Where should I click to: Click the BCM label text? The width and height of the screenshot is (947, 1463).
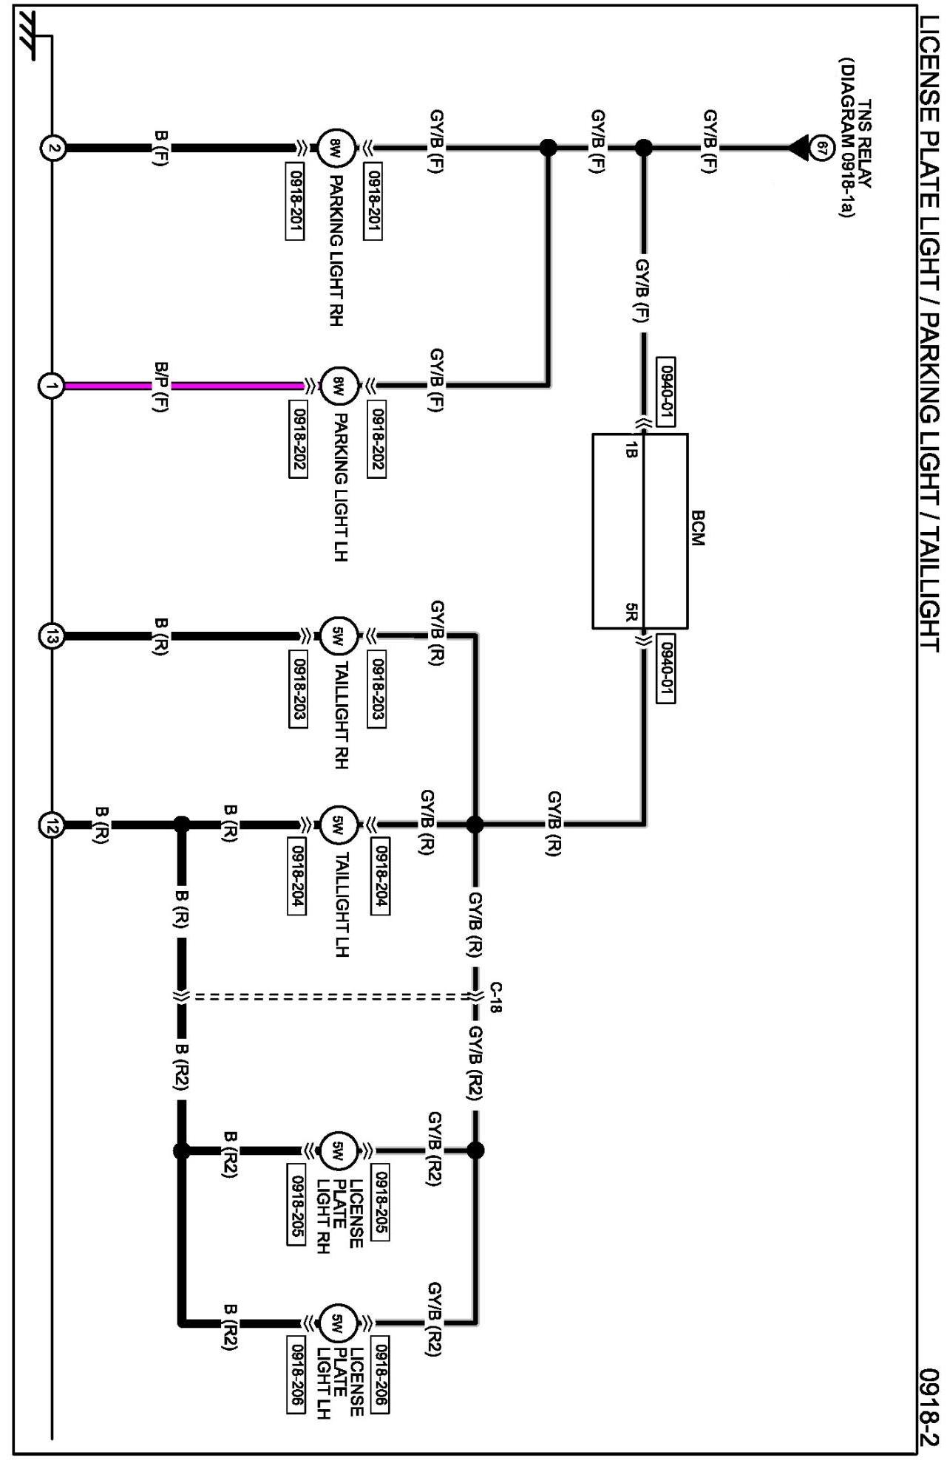click(x=697, y=528)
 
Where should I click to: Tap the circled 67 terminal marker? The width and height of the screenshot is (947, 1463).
click(x=820, y=147)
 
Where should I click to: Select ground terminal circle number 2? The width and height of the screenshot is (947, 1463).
click(x=52, y=148)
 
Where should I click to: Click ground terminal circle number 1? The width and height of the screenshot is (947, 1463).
click(x=51, y=386)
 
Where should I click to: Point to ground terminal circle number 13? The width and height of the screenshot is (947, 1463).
click(x=51, y=636)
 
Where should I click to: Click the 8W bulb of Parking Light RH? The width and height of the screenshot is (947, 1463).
click(x=336, y=148)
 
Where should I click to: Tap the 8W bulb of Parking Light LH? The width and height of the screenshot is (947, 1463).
click(x=339, y=386)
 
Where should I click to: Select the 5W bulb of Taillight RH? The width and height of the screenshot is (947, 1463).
click(x=339, y=635)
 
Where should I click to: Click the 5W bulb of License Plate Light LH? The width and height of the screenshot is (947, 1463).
click(x=338, y=1322)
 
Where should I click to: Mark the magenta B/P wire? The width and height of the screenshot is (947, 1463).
click(x=237, y=386)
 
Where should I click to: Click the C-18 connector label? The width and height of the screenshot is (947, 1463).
click(x=496, y=997)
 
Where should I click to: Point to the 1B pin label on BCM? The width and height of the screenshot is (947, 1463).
click(x=630, y=449)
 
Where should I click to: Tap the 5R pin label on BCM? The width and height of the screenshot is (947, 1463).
click(x=630, y=613)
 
